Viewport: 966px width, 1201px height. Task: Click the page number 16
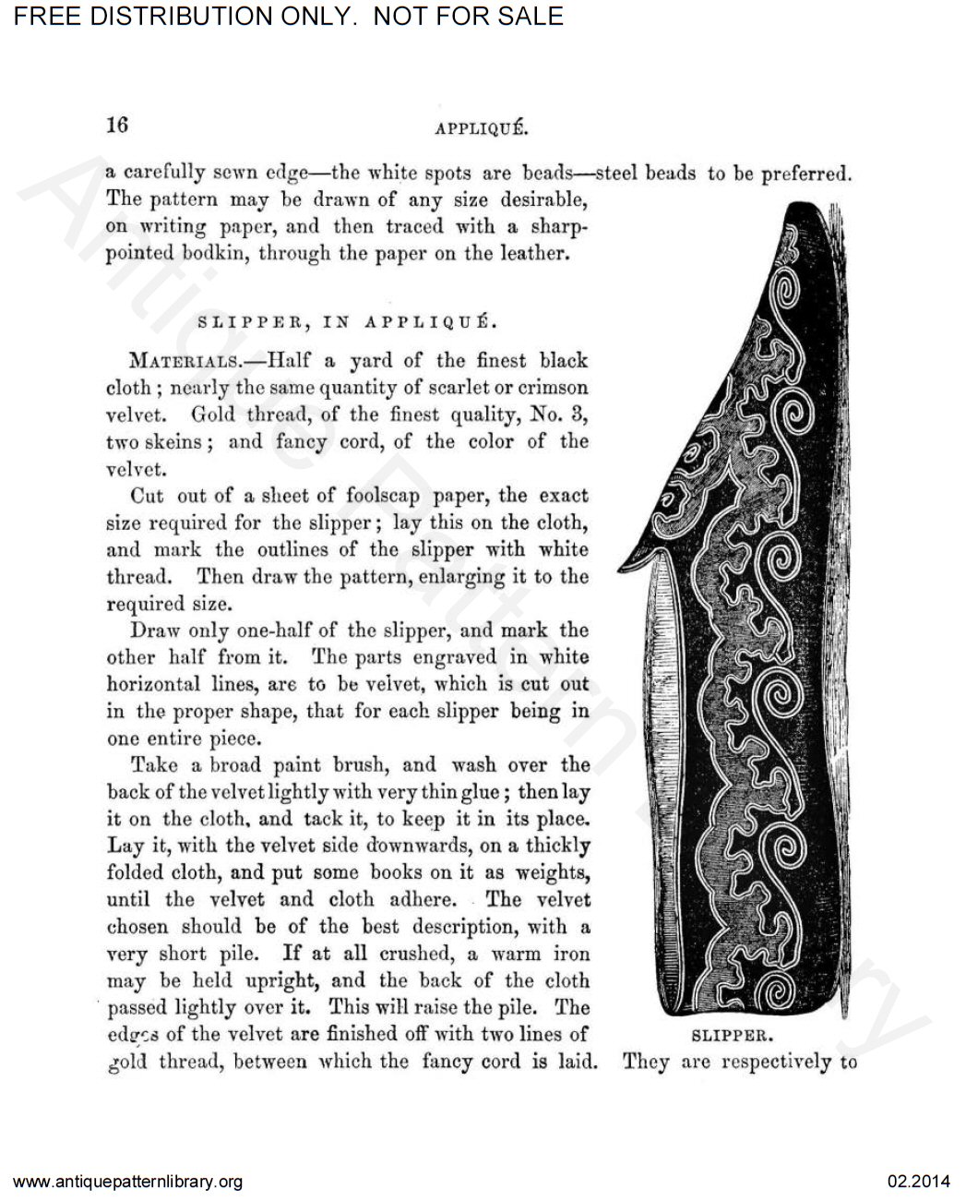coord(117,126)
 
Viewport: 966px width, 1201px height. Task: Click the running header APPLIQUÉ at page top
coord(481,129)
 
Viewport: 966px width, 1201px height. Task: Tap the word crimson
coord(550,388)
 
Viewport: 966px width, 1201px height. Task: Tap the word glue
coord(481,792)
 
